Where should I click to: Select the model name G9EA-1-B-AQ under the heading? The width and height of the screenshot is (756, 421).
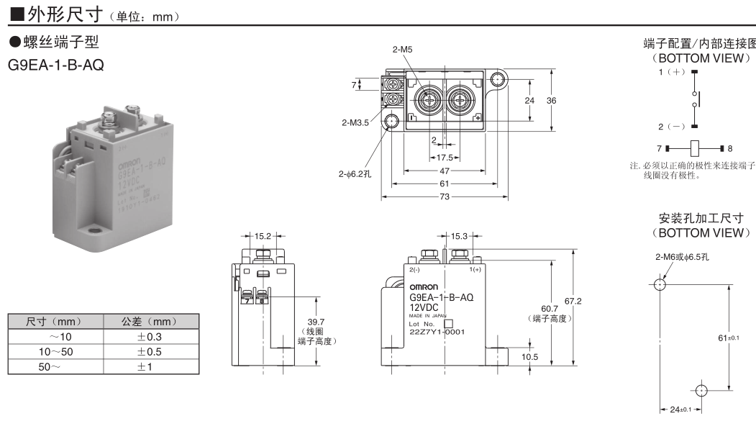coord(55,65)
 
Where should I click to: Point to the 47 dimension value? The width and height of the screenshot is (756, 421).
coord(444,171)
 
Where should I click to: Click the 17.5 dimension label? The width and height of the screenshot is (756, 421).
coord(444,157)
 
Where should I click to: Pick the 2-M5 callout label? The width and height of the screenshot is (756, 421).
coord(403,50)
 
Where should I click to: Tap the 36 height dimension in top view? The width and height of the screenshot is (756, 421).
coord(551,101)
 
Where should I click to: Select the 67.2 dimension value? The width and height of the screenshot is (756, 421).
coord(573,301)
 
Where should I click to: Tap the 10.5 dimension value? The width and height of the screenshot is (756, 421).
coord(529,356)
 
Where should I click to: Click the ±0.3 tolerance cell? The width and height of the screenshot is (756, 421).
coord(150,336)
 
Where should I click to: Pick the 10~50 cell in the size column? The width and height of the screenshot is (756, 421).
coord(55,351)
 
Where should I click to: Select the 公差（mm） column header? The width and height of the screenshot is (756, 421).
coord(150,321)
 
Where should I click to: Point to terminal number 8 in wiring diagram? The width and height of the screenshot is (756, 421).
coord(730,149)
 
